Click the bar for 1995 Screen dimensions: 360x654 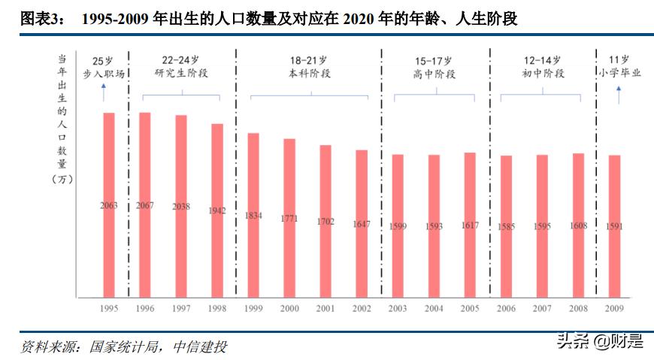109,203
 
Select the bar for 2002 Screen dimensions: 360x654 362,222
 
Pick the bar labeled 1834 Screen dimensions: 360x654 253,213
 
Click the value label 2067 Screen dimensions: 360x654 145,205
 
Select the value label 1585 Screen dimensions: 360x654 506,226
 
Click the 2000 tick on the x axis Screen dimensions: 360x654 289,309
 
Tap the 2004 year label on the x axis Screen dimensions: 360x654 434,309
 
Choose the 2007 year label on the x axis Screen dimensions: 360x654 542,309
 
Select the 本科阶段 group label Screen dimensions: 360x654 309,74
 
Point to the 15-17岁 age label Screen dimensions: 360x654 434,59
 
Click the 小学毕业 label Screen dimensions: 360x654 619,74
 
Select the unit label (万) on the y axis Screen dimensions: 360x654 62,178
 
